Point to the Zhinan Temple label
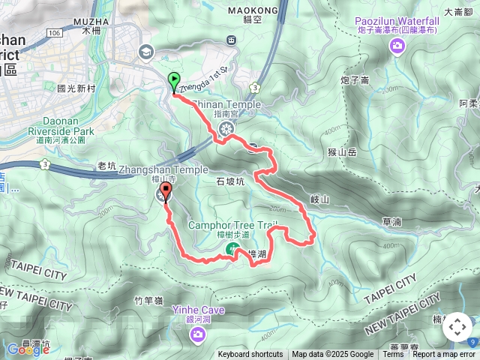(x=226, y=104)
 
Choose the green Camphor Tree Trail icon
(x=232, y=248)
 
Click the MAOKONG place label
(x=250, y=10)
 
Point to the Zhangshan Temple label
(x=163, y=169)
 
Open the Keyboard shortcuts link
(x=250, y=355)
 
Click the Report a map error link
(x=444, y=355)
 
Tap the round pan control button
(x=457, y=328)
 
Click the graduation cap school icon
(x=145, y=52)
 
